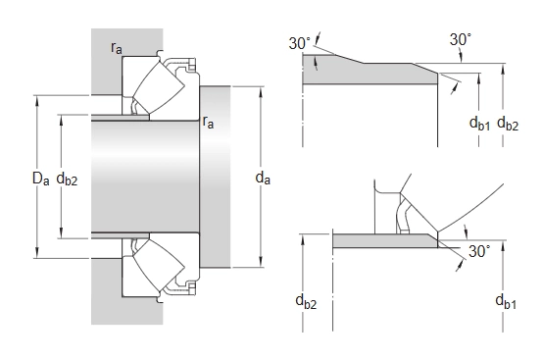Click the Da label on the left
(41, 179)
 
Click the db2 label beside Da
(67, 180)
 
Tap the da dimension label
(263, 178)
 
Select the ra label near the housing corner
(117, 48)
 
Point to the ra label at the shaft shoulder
(208, 122)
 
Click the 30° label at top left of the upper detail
(300, 43)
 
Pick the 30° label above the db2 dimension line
(461, 40)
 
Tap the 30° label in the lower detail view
(479, 251)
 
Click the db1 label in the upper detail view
(480, 124)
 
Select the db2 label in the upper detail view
(508, 124)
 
